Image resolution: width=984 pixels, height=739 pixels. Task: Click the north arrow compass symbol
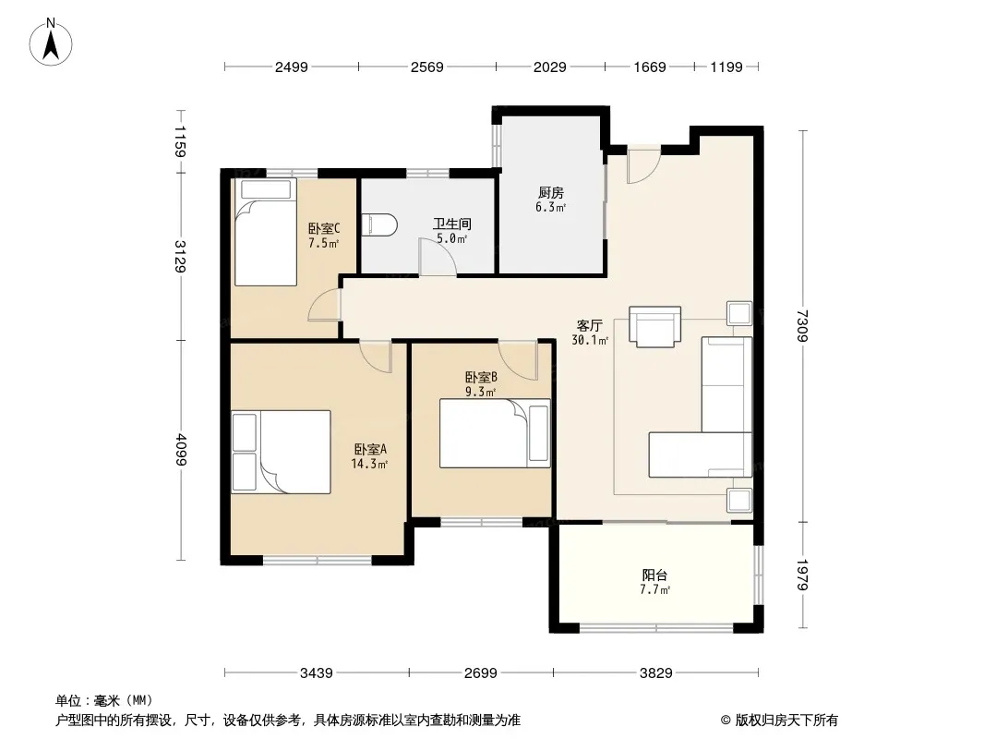[51, 42]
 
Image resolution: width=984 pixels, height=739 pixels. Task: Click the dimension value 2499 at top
[291, 67]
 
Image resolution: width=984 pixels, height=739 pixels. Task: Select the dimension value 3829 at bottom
[655, 673]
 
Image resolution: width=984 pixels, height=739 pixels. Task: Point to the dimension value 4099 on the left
[181, 450]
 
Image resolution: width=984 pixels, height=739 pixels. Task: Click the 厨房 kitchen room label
[550, 193]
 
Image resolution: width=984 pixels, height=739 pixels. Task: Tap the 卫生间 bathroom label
[451, 224]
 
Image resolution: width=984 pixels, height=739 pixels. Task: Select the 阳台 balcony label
[654, 575]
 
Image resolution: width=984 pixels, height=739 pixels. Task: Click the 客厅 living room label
[589, 325]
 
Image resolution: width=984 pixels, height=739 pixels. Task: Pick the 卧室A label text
[370, 449]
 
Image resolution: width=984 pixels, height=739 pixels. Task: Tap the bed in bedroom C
[265, 232]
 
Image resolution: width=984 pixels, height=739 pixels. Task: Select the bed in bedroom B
[495, 433]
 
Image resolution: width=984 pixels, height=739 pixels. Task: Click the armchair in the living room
[654, 326]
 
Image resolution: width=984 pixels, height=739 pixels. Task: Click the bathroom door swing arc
[438, 257]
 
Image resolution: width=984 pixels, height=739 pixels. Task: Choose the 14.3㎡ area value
[369, 464]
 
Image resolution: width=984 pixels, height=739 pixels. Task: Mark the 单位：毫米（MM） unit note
[104, 700]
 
